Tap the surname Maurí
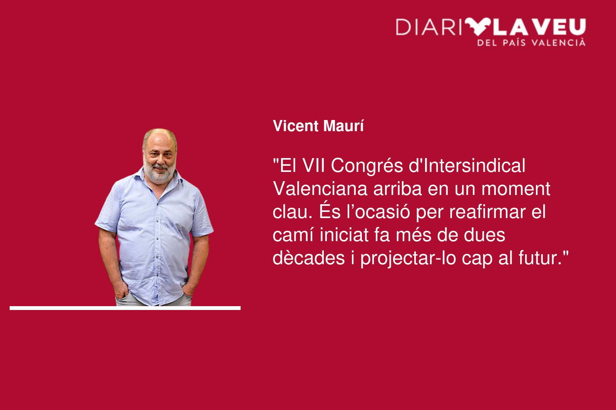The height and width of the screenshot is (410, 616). [343, 126]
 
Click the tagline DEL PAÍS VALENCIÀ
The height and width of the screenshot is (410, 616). [531, 43]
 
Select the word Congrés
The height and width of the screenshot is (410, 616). [367, 167]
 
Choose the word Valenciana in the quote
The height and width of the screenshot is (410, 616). [320, 189]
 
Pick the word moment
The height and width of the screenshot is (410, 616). [516, 189]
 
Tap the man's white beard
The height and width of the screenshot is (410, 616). [159, 173]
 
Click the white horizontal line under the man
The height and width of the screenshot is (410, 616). [125, 308]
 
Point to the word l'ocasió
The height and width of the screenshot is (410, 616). [378, 212]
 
